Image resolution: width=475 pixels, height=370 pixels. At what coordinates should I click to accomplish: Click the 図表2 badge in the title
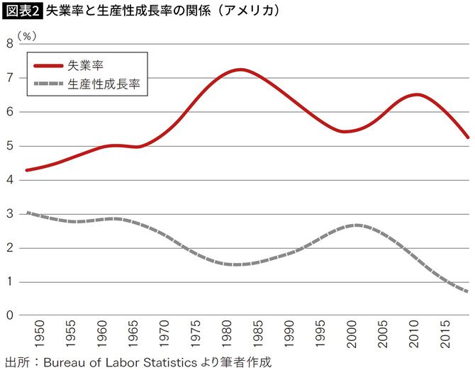(x=23, y=11)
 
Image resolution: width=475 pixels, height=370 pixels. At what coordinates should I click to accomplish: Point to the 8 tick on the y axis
(x=9, y=44)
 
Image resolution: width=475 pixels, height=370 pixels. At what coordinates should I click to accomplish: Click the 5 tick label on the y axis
(x=9, y=146)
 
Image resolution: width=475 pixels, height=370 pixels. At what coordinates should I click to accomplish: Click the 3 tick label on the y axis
(x=9, y=214)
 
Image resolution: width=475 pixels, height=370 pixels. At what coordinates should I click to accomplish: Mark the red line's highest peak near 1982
(x=240, y=69)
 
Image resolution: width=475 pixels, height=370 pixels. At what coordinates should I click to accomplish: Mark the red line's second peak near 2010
(x=417, y=94)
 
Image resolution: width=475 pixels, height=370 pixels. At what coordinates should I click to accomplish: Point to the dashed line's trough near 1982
(x=237, y=264)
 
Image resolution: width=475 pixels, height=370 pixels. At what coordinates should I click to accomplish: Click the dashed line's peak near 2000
(x=357, y=225)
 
